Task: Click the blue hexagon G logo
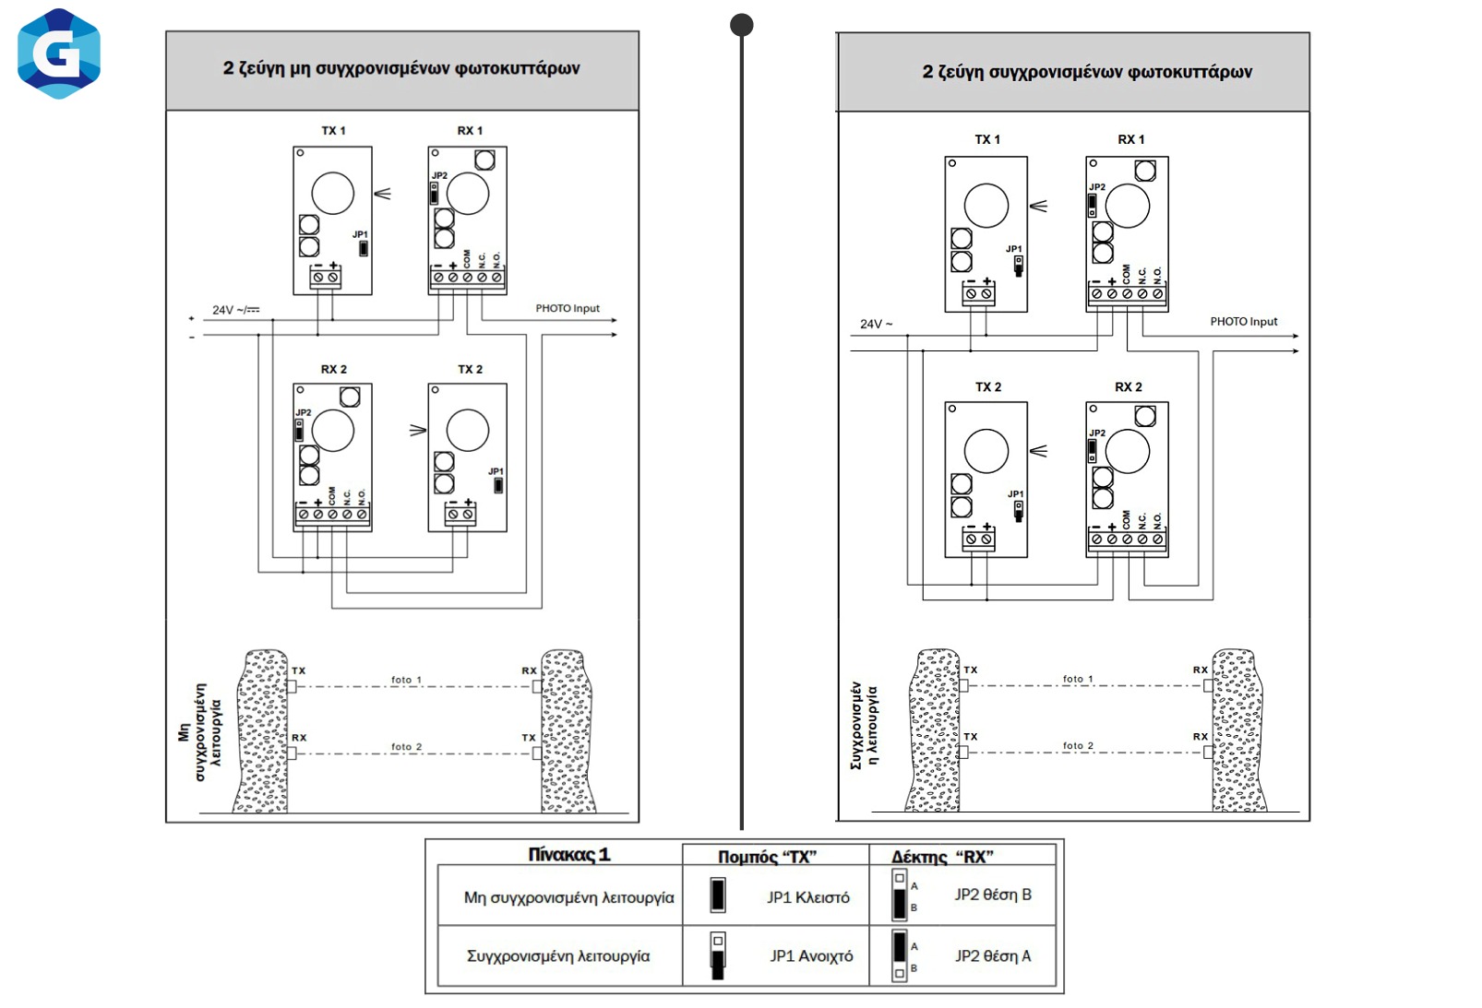(x=59, y=53)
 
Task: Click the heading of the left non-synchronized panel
(x=401, y=68)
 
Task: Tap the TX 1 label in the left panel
(x=333, y=131)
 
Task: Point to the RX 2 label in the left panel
(x=333, y=369)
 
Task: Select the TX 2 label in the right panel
(x=987, y=387)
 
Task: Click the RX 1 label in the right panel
(x=1130, y=140)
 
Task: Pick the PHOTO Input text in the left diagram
(x=568, y=309)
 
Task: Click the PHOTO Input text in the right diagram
(x=1243, y=322)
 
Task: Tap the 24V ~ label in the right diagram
(x=876, y=325)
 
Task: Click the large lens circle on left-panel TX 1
(x=332, y=194)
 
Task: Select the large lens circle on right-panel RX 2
(x=1127, y=452)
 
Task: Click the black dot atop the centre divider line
(x=742, y=25)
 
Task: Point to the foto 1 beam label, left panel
(x=406, y=681)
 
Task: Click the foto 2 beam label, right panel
(x=1078, y=746)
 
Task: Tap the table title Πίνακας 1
(x=568, y=855)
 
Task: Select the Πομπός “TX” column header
(x=767, y=857)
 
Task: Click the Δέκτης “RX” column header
(x=942, y=857)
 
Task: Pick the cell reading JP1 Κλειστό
(x=807, y=897)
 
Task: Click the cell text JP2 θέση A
(x=992, y=956)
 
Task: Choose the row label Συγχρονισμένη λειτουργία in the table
(x=558, y=956)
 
